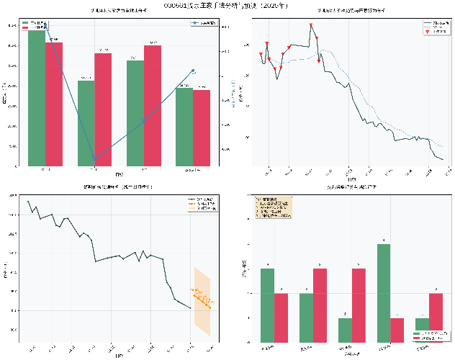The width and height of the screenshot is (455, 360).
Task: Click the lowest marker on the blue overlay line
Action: [95, 158]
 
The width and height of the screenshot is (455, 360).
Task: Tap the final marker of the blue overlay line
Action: [193, 71]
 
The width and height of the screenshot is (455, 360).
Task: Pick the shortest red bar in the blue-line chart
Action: [202, 127]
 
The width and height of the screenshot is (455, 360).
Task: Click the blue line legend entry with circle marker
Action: [204, 23]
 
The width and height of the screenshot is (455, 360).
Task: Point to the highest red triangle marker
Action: [312, 26]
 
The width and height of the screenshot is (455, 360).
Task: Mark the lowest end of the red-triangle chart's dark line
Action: [443, 159]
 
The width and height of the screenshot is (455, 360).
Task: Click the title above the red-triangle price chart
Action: [347, 12]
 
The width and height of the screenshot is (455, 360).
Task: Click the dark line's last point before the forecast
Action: [191, 307]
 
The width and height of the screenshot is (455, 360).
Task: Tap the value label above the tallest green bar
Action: [384, 240]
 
